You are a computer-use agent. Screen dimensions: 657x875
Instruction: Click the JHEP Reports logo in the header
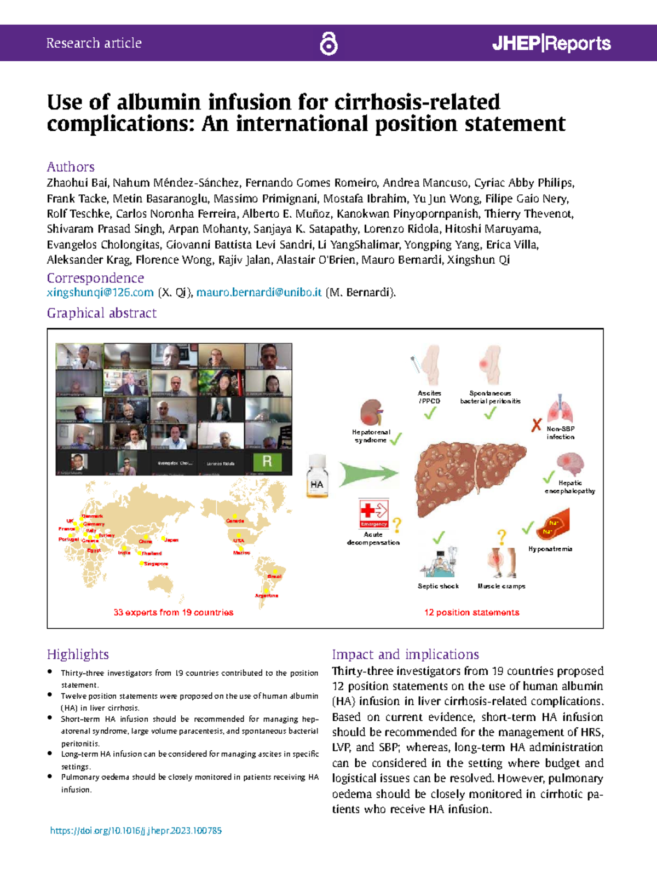[551, 43]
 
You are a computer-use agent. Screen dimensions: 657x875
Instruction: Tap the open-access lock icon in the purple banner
[328, 43]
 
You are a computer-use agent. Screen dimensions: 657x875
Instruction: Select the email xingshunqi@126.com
[100, 292]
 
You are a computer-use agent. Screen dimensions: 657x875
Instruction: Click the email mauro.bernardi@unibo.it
[259, 292]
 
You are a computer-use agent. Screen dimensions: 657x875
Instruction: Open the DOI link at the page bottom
[136, 830]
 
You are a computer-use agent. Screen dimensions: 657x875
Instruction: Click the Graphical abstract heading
[102, 313]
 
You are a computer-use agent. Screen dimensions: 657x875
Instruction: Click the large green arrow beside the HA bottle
[368, 473]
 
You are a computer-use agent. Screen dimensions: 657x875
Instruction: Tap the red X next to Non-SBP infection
[537, 425]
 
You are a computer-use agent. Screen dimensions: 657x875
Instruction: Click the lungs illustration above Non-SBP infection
[560, 409]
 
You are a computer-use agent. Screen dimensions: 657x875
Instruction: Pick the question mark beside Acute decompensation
[397, 525]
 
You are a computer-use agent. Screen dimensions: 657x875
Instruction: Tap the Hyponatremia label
[550, 549]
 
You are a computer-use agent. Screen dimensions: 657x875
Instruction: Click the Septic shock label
[438, 586]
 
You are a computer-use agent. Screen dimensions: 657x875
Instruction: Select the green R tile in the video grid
[267, 461]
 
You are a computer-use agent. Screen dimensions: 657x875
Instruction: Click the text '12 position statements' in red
[471, 612]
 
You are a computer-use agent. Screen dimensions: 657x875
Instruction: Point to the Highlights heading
[78, 654]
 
